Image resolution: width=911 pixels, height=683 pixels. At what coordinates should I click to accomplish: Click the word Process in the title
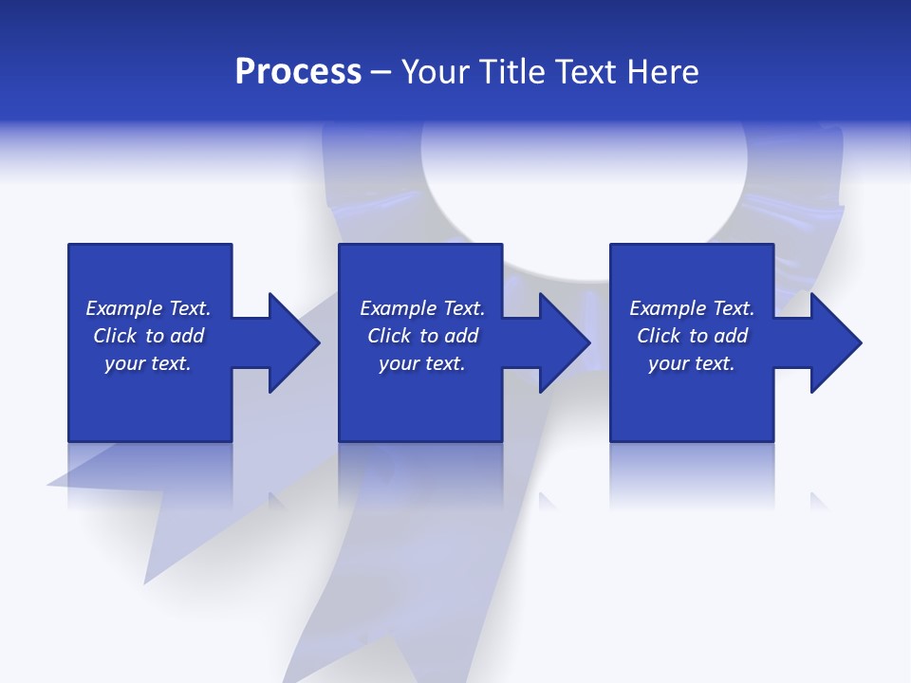298,72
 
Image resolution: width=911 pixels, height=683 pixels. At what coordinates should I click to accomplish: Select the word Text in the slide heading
585,72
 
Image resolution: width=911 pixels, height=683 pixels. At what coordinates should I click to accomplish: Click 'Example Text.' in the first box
148,308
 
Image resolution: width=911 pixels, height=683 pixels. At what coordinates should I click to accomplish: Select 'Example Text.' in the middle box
422,308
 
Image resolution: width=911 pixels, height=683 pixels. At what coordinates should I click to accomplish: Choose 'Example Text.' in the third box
692,308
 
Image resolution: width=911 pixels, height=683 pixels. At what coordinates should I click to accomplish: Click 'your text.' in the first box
148,363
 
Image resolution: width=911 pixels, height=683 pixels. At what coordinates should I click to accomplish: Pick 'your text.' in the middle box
422,363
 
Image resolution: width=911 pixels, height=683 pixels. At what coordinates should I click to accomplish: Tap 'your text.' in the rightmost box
692,363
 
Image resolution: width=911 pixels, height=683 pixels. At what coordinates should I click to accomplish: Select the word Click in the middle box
389,336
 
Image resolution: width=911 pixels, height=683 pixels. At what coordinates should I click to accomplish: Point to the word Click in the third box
659,336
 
